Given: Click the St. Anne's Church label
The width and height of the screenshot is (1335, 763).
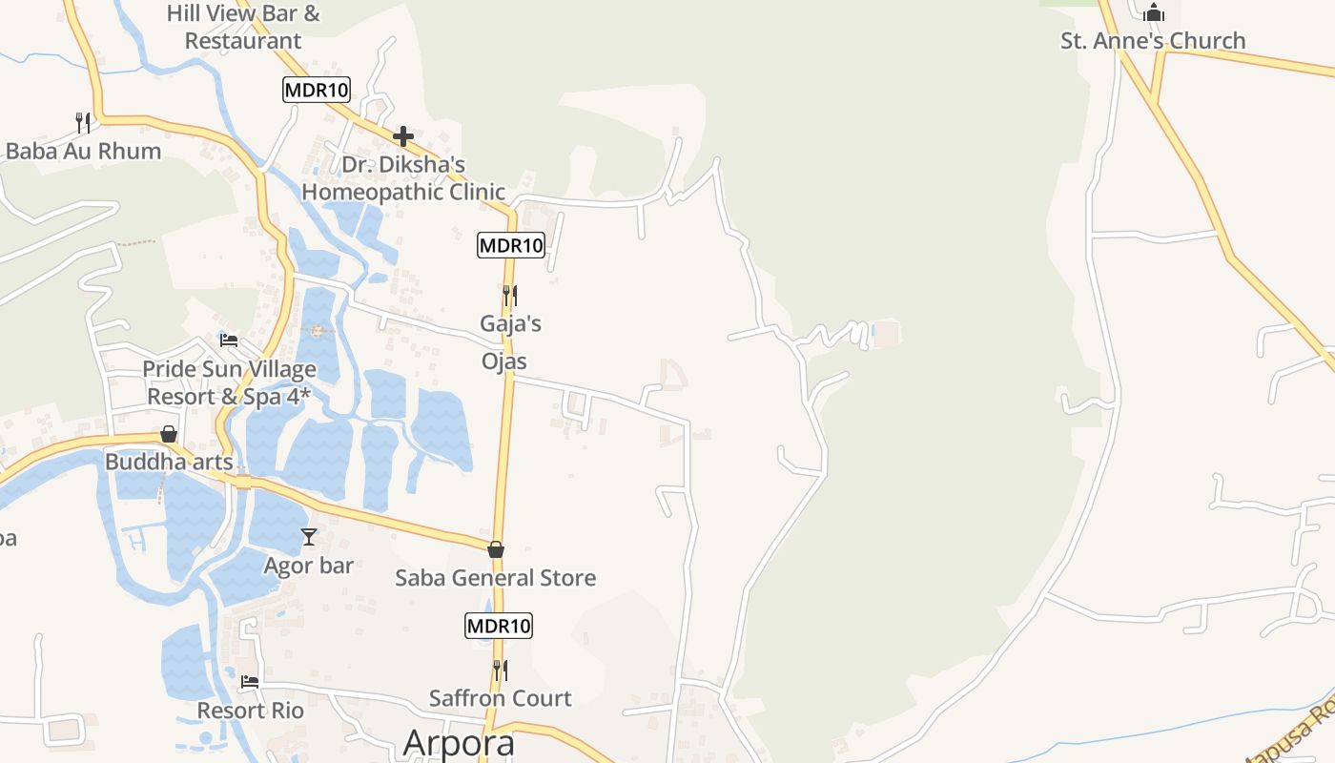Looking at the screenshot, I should coord(1153,41).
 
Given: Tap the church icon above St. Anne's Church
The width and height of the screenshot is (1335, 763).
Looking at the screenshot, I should coord(1154,12).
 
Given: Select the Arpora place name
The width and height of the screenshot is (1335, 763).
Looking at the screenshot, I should coord(459,742).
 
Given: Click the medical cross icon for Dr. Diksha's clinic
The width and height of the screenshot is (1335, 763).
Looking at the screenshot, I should coord(402,136).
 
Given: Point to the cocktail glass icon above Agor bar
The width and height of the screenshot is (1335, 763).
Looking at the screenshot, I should coord(308,537).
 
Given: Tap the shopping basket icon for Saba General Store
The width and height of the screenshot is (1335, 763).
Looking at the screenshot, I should coord(496,549).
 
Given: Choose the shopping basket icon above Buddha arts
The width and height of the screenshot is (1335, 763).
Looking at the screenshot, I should coord(169,434).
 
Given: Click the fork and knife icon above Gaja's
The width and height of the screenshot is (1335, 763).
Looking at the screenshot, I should coord(510,296).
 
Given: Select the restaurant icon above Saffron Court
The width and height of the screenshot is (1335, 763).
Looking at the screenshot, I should coord(500,670).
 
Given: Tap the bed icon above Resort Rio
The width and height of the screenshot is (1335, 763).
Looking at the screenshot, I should coord(250,682).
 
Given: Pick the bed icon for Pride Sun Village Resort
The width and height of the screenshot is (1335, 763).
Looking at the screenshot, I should coord(229,340).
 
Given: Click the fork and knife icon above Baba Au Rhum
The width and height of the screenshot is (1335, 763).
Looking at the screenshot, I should coord(83,122).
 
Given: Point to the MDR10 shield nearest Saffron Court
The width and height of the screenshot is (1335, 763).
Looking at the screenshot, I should coord(499,627).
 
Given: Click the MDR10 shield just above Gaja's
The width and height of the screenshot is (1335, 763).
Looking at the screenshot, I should coord(511,245).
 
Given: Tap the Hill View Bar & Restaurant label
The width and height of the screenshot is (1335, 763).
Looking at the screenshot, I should coord(243,27).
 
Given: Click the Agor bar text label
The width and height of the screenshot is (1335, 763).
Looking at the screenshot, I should coord(309,566).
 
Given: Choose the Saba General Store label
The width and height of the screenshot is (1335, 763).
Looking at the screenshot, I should coord(496,578).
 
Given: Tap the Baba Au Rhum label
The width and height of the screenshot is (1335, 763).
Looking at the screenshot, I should coord(83,151).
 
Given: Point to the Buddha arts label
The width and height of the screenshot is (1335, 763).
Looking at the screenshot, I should coord(169,463).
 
